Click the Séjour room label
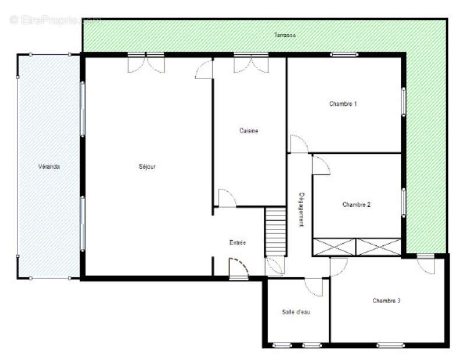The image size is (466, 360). click(147, 167)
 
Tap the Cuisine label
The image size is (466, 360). click(249, 131)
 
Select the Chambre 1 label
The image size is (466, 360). click(343, 104)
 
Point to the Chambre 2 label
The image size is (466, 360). click(356, 204)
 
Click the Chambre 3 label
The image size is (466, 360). click(387, 301)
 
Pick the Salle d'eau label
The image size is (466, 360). click(296, 312)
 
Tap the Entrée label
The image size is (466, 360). click(238, 242)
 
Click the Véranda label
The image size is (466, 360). click(50, 167)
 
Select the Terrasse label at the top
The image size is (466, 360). click(285, 36)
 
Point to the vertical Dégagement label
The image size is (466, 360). click(302, 209)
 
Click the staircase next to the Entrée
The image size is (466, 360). click(276, 231)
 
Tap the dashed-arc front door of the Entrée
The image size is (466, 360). click(239, 269)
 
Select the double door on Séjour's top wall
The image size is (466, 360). click(146, 63)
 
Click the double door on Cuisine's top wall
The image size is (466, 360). click(251, 63)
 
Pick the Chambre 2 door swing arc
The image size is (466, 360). click(321, 165)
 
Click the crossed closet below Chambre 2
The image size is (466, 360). click(357, 247)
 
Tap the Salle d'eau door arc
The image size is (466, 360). click(314, 287)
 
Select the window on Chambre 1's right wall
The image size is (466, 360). click(403, 102)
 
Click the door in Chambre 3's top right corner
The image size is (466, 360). click(426, 264)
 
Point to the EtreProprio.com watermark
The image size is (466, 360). click(55, 19)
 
